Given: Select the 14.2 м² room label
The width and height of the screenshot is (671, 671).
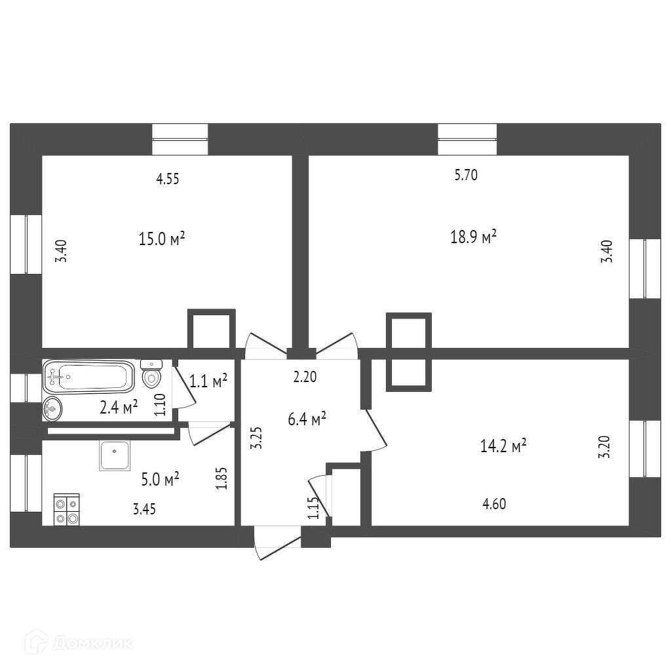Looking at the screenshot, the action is (503, 447).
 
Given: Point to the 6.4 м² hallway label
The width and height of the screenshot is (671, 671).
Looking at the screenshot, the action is (308, 419).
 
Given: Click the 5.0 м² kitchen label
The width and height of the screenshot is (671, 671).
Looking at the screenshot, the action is (161, 480).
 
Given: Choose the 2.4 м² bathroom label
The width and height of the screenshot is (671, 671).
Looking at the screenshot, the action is (119, 407).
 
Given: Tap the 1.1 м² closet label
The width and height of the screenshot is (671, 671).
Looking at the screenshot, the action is (208, 380).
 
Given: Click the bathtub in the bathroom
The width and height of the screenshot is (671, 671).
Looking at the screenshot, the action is (88, 377).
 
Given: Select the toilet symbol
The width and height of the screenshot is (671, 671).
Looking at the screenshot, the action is (152, 374).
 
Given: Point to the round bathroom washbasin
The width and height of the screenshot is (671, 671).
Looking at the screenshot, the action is (52, 408).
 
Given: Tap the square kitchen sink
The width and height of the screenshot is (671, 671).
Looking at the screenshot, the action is (115, 455).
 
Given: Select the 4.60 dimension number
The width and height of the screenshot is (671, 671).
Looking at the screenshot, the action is (493, 504).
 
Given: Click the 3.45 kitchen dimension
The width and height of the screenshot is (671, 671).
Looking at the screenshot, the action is (144, 509).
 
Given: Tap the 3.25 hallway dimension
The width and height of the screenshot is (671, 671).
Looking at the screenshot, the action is (258, 437).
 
